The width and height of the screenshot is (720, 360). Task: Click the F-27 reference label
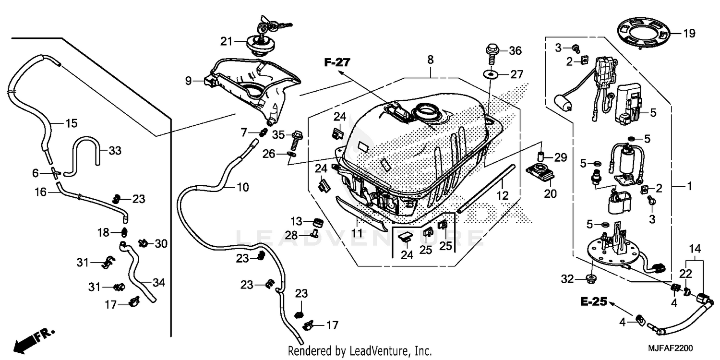(337, 62)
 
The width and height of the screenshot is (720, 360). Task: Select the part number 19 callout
(689, 33)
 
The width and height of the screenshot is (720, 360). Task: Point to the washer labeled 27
(490, 74)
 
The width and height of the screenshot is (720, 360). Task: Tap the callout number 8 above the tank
(430, 60)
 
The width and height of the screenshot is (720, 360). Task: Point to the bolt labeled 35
(295, 137)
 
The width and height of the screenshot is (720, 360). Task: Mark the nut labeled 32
(591, 279)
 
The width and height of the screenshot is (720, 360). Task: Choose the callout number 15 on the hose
(71, 123)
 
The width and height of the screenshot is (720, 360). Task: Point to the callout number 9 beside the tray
(189, 81)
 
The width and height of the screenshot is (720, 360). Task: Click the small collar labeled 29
(541, 156)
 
